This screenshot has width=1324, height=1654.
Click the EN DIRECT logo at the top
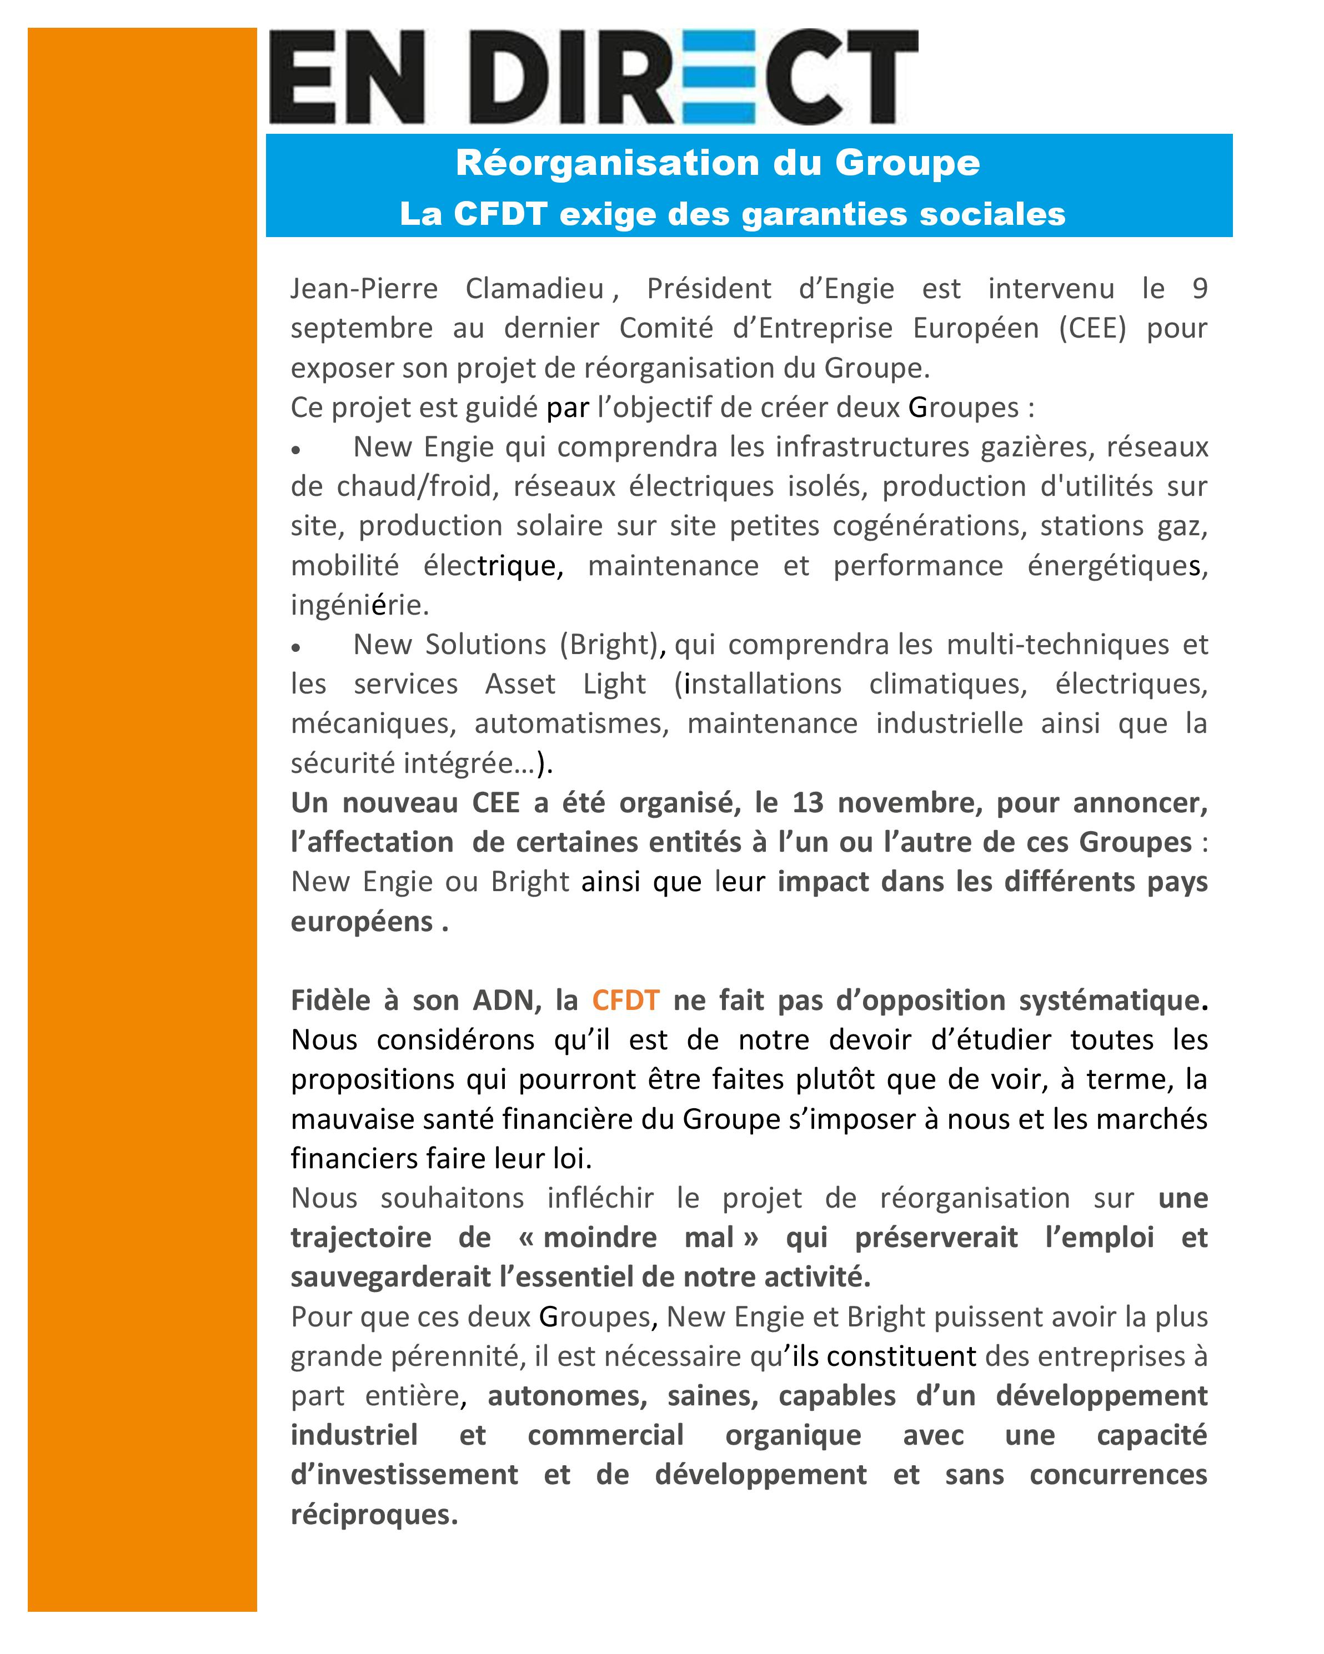593,77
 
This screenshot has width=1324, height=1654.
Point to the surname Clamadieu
534,289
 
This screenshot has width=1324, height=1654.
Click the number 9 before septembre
1200,289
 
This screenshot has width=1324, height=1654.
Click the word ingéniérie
359,605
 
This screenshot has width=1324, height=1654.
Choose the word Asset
520,683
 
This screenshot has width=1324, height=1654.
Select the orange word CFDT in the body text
625,1001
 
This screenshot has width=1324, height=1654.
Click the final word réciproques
373,1515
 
